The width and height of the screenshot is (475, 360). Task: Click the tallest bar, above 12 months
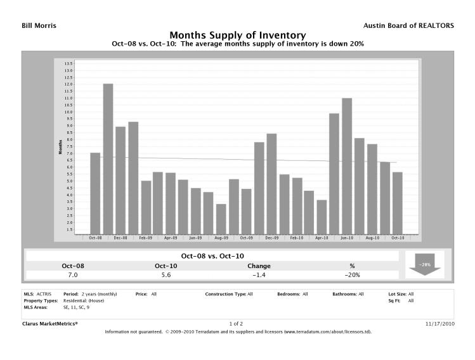[x=108, y=158]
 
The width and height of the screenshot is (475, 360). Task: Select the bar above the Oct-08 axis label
[x=95, y=193]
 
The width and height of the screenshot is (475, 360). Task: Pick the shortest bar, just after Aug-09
[x=221, y=219]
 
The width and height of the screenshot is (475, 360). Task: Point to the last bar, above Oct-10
[x=397, y=203]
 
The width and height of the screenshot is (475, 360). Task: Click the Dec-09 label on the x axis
[x=271, y=238]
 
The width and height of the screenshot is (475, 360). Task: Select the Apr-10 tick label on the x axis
[x=322, y=238]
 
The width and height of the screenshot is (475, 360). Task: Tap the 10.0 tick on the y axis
[x=68, y=112]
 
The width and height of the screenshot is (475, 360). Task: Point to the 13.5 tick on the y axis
[x=68, y=64]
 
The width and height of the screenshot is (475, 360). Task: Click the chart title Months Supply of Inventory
[x=237, y=35]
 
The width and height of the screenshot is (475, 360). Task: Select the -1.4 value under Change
[x=260, y=275]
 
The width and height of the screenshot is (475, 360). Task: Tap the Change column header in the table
[x=260, y=266]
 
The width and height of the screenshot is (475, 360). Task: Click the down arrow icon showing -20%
[x=425, y=264]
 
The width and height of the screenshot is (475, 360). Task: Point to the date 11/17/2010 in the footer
[x=439, y=323]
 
